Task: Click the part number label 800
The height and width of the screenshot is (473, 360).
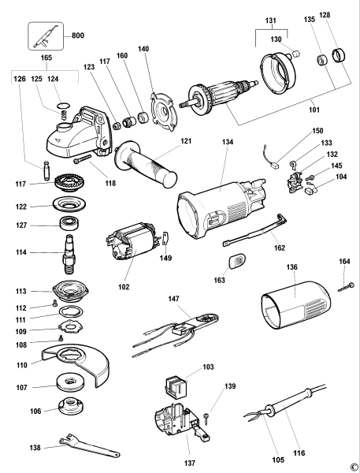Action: tap(78, 35)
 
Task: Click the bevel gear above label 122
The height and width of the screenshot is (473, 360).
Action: tap(69, 184)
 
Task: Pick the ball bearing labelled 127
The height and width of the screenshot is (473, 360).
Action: tap(69, 224)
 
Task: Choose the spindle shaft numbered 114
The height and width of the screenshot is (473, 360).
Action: tap(69, 254)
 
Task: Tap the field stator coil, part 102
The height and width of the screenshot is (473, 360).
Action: tap(132, 242)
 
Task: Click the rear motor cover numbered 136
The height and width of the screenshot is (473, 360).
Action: tap(295, 304)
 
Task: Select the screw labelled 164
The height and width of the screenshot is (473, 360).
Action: tap(346, 287)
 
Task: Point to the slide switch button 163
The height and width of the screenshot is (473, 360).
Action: tap(237, 261)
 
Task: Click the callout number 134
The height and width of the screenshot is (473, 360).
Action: tap(228, 142)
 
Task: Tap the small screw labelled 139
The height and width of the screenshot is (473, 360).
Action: tap(206, 417)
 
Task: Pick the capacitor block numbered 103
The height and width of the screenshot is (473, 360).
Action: tap(176, 387)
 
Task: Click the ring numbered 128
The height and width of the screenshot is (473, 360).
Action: tap(339, 55)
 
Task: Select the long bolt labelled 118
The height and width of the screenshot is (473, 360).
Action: tap(82, 159)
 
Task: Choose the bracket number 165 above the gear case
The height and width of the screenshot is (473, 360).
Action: tap(46, 58)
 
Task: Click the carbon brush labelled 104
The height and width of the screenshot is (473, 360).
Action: tap(310, 190)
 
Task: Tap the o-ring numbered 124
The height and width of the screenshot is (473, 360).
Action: tap(63, 106)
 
